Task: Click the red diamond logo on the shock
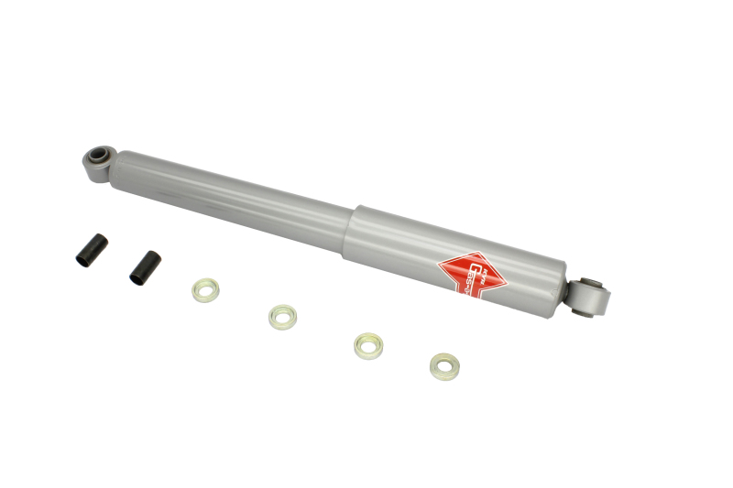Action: [x=470, y=272]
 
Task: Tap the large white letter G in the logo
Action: [x=464, y=268]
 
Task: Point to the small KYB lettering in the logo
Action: [x=473, y=259]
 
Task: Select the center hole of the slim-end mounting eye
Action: [x=98, y=155]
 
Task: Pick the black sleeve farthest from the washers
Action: [x=91, y=251]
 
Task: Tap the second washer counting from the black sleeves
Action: [x=282, y=317]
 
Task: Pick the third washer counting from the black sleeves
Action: [x=368, y=345]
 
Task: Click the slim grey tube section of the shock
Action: [x=229, y=196]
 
